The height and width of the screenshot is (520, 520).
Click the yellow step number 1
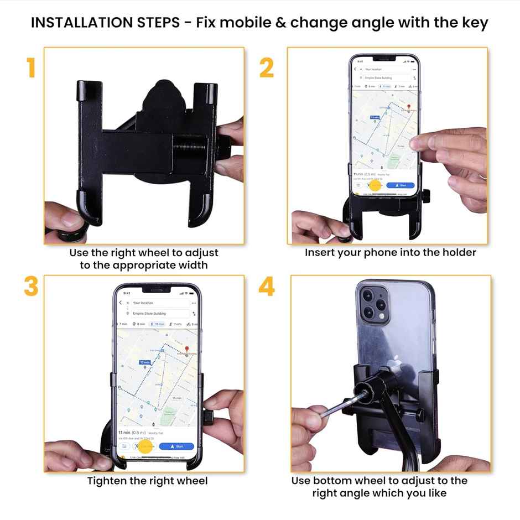click(x=30, y=67)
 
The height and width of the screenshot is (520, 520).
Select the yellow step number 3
click(x=30, y=287)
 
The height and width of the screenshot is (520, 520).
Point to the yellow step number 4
click(x=267, y=287)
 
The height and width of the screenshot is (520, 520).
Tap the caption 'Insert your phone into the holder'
click(x=390, y=252)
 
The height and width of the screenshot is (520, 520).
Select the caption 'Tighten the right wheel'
click(x=147, y=480)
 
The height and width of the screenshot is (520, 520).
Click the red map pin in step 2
click(x=409, y=107)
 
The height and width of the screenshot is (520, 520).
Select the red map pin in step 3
click(x=187, y=350)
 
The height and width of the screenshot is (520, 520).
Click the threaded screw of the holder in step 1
click(x=200, y=148)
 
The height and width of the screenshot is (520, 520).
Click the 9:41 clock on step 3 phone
click(x=127, y=293)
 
